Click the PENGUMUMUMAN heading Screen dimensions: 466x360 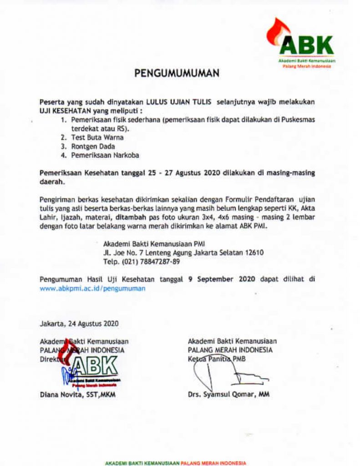(177, 73)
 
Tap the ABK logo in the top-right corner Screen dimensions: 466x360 (301, 44)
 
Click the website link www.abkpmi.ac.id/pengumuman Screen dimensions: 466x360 (92, 289)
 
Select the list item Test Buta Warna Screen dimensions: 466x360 (97, 137)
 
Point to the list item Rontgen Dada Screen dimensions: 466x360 (93, 146)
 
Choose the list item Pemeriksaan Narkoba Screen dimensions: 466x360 (105, 155)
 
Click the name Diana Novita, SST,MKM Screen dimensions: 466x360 (77, 395)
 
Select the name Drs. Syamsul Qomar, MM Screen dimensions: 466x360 (228, 395)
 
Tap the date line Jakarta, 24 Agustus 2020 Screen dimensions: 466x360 (79, 324)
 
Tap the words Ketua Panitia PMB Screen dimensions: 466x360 (216, 359)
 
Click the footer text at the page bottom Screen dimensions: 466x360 (175, 463)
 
